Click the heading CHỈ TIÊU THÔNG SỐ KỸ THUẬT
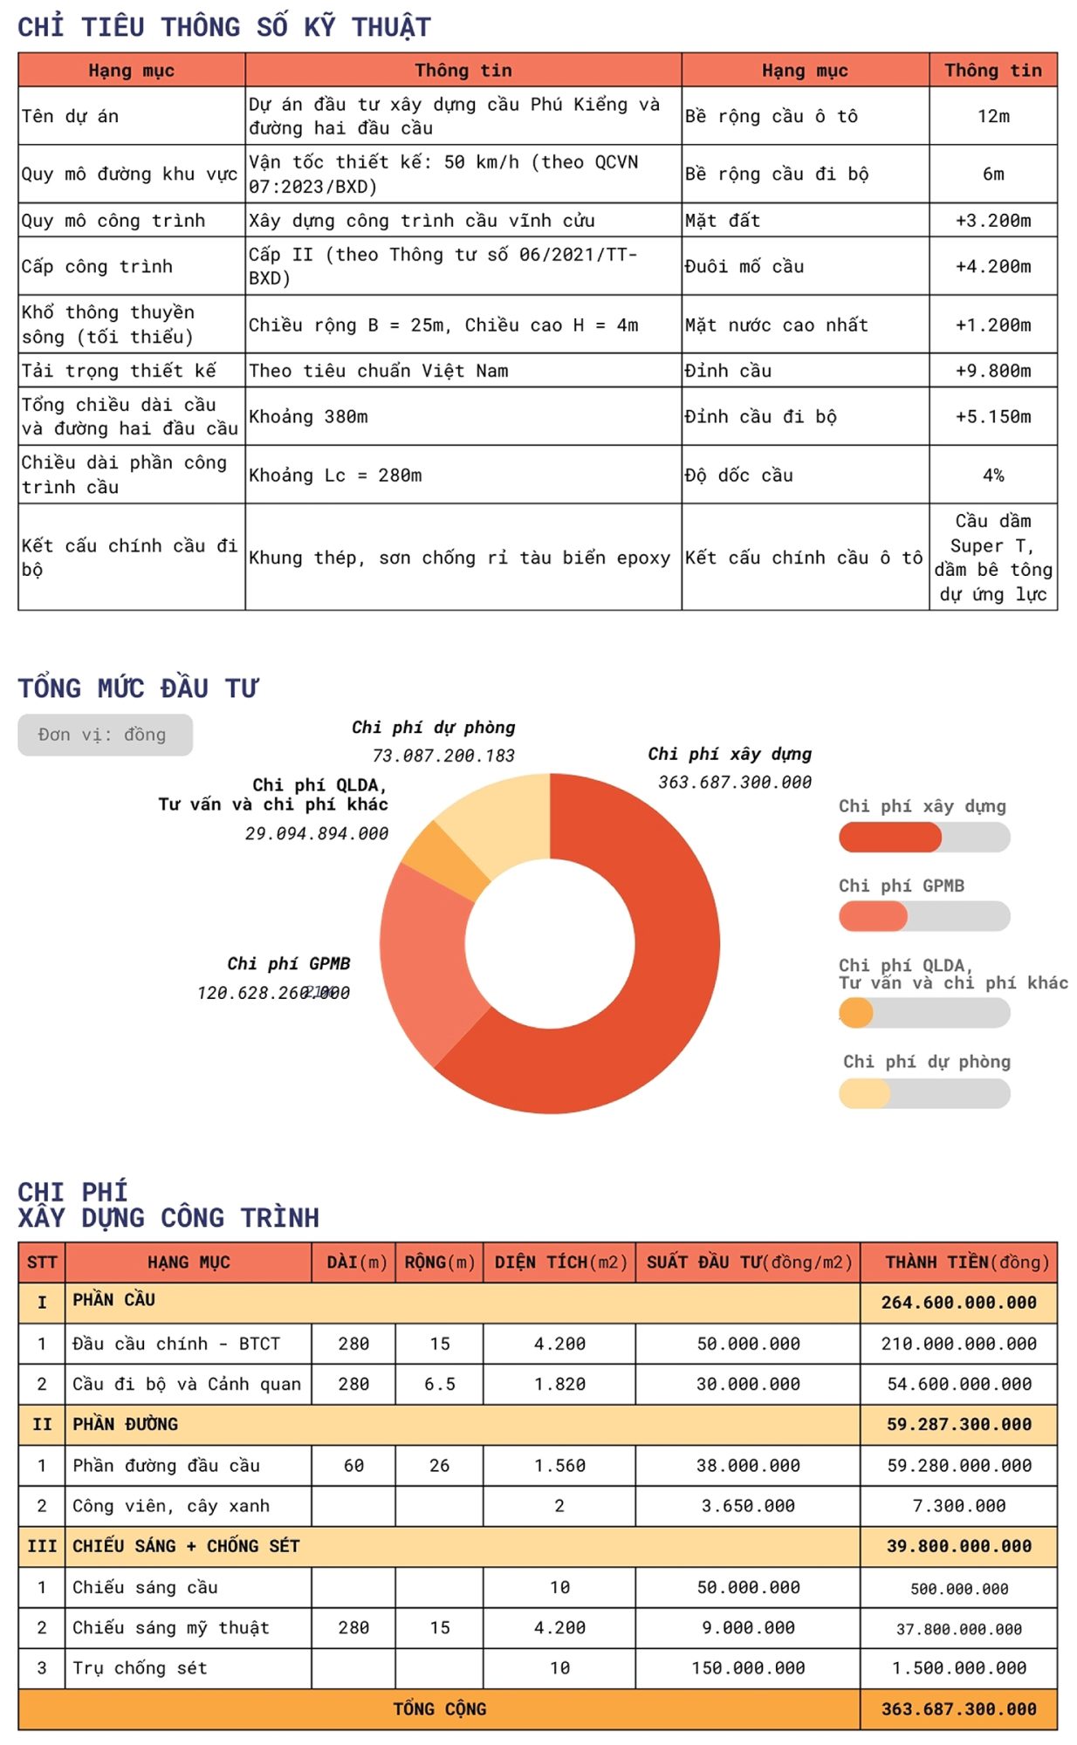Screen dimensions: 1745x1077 point(224,27)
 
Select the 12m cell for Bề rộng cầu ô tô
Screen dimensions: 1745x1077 point(992,116)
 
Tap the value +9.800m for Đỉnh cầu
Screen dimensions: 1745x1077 point(992,371)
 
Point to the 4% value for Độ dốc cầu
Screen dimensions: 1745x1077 point(992,476)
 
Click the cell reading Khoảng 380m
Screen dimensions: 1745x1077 point(308,417)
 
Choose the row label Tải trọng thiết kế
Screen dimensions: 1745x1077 point(119,371)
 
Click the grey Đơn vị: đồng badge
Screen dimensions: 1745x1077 point(105,735)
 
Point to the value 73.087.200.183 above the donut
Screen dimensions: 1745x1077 point(443,756)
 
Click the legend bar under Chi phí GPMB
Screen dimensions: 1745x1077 point(923,916)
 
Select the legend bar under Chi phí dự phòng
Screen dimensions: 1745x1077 point(923,1093)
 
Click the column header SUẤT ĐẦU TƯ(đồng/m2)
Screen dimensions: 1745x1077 point(748,1263)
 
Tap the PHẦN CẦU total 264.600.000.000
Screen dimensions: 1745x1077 point(958,1303)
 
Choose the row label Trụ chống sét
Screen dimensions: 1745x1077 point(140,1668)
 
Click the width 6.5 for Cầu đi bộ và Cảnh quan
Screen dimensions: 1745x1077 point(439,1384)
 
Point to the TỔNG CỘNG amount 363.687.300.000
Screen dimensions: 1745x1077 point(958,1709)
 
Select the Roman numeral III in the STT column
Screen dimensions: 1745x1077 point(42,1546)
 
